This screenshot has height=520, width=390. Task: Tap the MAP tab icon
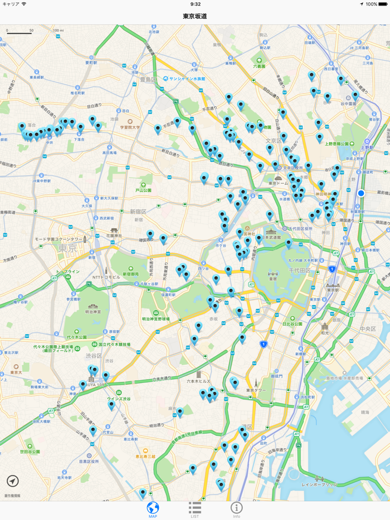click(x=153, y=508)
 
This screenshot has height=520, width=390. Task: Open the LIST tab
click(x=194, y=508)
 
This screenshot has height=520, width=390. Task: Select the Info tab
click(x=237, y=508)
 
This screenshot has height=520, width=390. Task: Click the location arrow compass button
click(x=13, y=481)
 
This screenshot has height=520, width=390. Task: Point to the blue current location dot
click(x=361, y=193)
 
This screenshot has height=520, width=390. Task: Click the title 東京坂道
click(x=195, y=16)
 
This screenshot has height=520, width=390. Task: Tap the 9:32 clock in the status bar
click(x=195, y=4)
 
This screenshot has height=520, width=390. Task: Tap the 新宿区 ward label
click(x=138, y=212)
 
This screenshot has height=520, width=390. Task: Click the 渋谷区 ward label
click(x=93, y=356)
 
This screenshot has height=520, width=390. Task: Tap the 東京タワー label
click(x=256, y=390)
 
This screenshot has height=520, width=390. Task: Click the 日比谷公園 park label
click(x=292, y=323)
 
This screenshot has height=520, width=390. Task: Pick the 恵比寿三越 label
click(x=145, y=457)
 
